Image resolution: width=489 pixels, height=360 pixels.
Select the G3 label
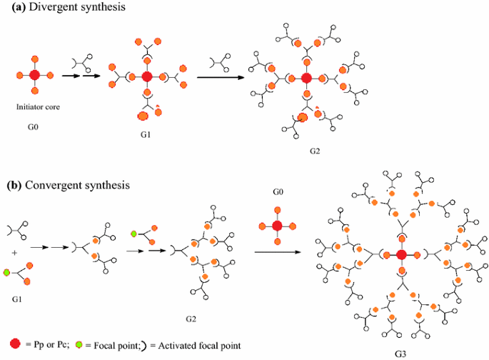[400, 353]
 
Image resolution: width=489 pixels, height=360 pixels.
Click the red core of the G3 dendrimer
[401, 255]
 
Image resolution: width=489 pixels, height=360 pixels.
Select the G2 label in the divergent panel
[315, 151]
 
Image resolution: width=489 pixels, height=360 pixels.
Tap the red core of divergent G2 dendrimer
[306, 78]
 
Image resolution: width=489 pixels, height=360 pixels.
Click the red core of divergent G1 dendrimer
[146, 75]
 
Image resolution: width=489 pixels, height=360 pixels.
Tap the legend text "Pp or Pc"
[49, 345]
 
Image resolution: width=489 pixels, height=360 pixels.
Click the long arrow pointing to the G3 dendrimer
[274, 251]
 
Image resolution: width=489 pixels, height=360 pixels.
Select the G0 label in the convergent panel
[278, 193]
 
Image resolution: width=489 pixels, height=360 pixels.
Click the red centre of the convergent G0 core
[278, 226]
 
